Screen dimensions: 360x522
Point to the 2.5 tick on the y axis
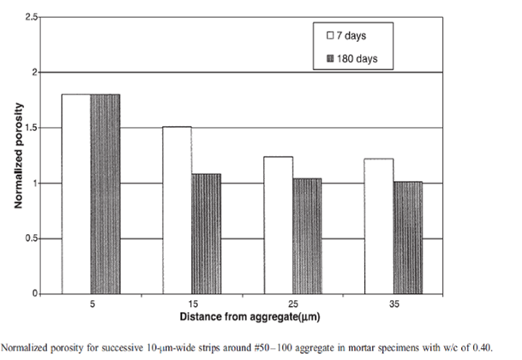(33, 18)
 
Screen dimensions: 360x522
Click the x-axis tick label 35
(393, 303)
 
